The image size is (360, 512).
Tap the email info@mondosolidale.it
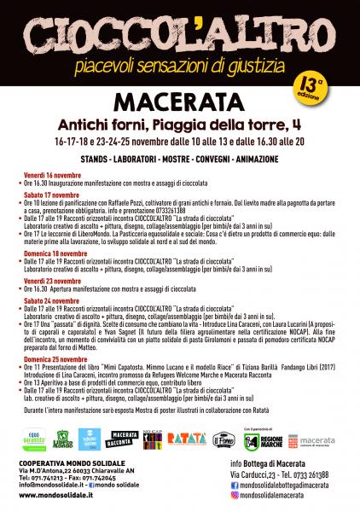click(52, 486)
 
